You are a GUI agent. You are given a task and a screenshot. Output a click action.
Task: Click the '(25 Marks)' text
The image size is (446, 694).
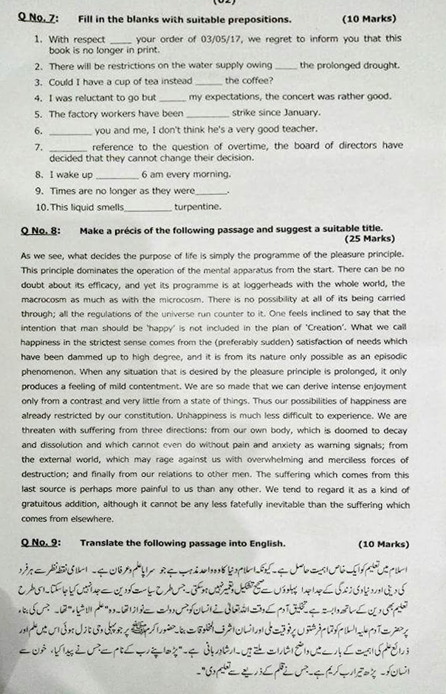pyautogui.click(x=370, y=239)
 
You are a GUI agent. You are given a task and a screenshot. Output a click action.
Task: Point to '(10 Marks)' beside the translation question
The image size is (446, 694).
pyautogui.click(x=383, y=544)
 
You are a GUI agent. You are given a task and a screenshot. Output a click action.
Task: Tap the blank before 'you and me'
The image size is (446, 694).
pyautogui.click(x=70, y=131)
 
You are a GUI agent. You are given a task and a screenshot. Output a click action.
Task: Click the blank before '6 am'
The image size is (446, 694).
pyautogui.click(x=116, y=175)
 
